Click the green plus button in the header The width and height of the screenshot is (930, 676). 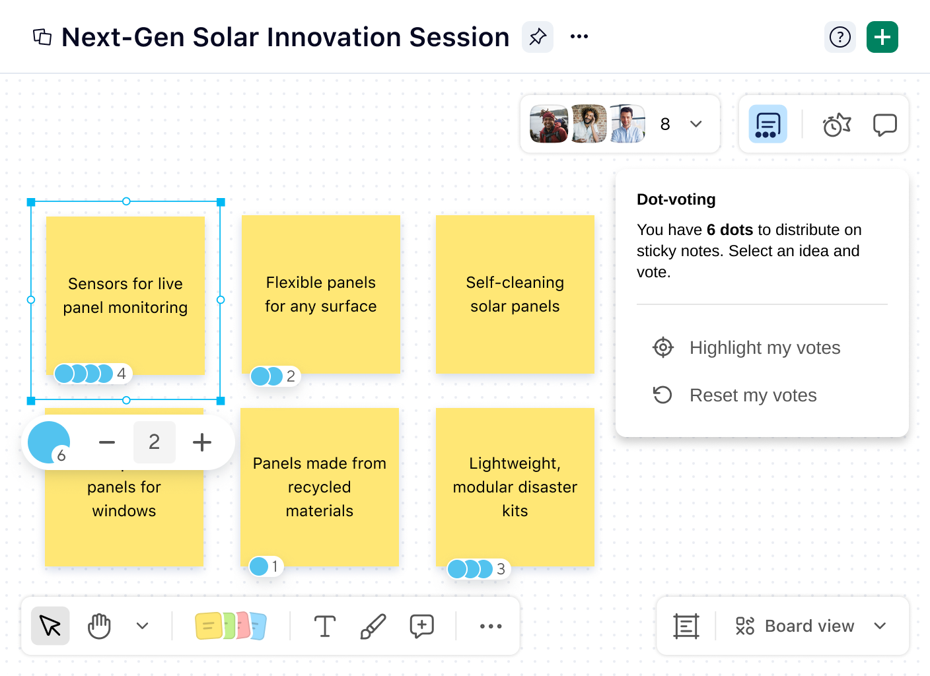882,37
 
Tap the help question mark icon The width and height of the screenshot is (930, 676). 840,37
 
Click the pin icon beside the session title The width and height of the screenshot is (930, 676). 538,37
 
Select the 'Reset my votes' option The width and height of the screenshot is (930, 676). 752,395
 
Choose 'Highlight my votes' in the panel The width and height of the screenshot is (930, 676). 764,348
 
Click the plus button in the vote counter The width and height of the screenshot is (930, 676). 202,442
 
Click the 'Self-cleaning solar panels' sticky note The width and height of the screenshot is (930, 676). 515,294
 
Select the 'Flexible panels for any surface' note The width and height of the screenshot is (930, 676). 320,294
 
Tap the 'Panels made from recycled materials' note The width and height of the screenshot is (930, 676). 319,487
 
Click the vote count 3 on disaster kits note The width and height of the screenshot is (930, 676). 501,569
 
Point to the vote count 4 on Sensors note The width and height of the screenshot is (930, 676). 122,374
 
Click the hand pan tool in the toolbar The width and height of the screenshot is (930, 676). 99,626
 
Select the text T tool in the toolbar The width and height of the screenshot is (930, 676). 324,626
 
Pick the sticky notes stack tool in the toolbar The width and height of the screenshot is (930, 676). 231,626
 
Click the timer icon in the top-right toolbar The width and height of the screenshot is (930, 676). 836,124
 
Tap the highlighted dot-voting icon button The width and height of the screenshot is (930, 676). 768,124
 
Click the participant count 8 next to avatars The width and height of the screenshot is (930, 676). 665,124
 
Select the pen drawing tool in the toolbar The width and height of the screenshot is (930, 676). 373,626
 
